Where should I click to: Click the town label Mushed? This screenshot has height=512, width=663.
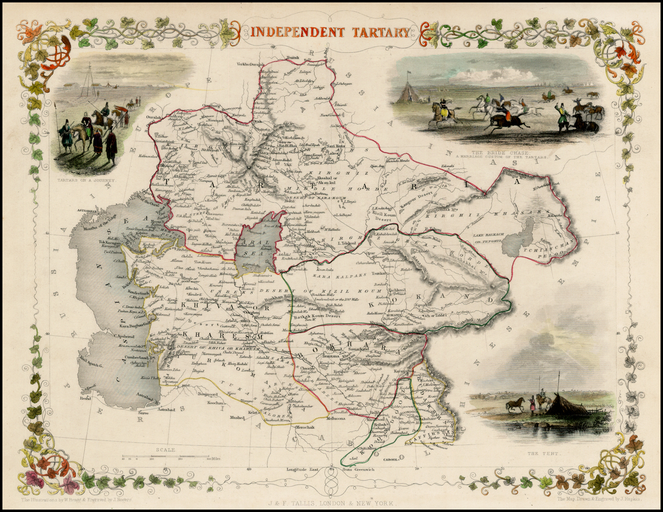pos(237,418)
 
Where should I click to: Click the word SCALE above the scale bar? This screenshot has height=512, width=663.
pos(165,450)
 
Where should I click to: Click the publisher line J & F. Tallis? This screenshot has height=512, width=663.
pos(332,503)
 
